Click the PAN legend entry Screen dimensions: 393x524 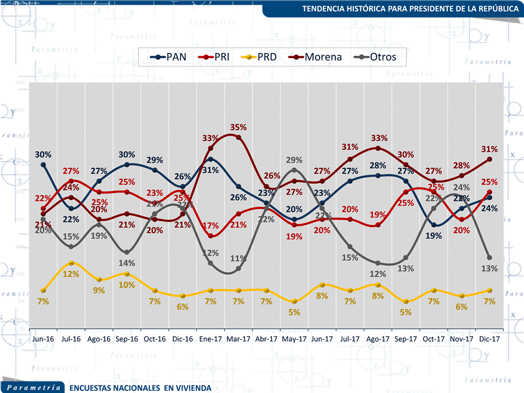click(171, 56)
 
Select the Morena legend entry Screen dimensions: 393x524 click(317, 56)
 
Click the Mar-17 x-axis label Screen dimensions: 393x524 click(238, 339)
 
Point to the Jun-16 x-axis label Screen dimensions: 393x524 click(43, 339)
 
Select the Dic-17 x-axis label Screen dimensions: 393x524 click(489, 339)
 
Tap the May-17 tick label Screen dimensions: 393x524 click(294, 339)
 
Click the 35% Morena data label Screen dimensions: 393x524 click(238, 127)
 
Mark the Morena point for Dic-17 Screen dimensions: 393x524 click(489, 159)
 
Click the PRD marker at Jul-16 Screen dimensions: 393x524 click(71, 263)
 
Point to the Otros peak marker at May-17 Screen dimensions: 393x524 click(294, 170)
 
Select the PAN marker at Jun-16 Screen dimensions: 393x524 click(43, 165)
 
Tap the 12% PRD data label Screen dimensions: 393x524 click(71, 274)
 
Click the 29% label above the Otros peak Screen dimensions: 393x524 click(294, 160)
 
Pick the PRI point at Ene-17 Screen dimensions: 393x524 click(210, 235)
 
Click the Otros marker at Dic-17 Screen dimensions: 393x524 click(489, 257)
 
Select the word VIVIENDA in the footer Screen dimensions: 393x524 click(192, 388)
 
